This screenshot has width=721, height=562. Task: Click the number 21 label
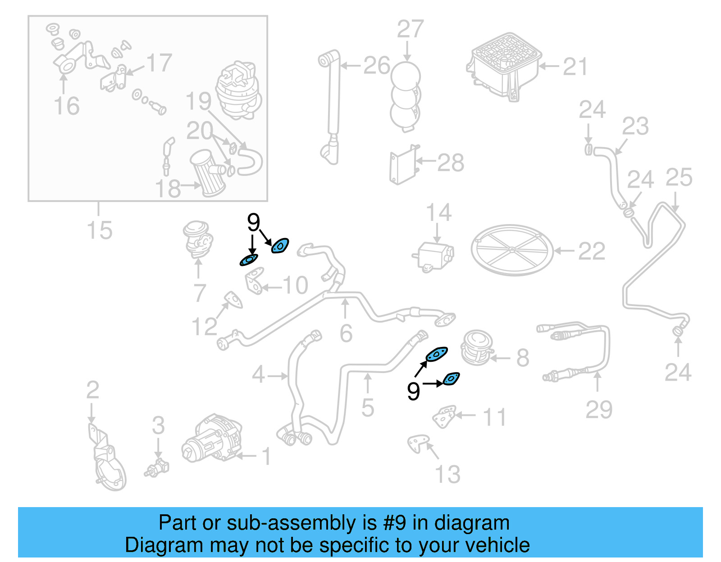(x=575, y=67)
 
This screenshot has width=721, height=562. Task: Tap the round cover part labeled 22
(x=512, y=250)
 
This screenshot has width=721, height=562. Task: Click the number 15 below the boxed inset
(x=99, y=230)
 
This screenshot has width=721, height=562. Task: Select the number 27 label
(x=410, y=29)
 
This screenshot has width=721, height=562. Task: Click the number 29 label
(x=599, y=409)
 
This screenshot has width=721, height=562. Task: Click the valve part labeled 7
(x=198, y=239)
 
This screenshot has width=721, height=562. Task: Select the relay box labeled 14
(x=434, y=256)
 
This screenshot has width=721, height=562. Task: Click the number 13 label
(x=447, y=474)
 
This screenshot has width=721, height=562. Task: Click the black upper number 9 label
(x=254, y=222)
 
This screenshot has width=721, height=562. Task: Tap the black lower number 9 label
(x=413, y=391)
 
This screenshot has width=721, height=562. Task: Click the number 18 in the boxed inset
(x=168, y=189)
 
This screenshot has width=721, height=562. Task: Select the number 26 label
(x=376, y=66)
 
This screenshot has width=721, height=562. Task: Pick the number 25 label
(x=679, y=177)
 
